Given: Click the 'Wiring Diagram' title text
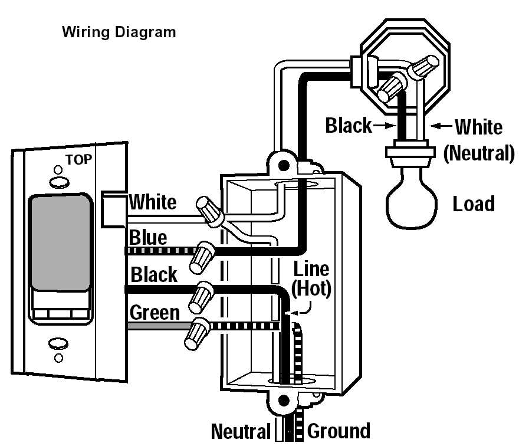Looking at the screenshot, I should click(119, 32).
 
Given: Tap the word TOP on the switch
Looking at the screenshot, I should click(78, 159).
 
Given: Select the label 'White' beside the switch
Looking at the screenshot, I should click(152, 202).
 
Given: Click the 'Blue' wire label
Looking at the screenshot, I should click(147, 238).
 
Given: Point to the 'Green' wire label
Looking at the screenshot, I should click(155, 312).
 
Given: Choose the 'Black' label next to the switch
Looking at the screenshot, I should click(153, 274).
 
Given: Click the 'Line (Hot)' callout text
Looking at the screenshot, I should click(311, 279).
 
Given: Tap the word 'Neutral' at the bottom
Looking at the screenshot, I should click(240, 431).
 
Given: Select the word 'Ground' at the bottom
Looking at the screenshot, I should click(339, 431).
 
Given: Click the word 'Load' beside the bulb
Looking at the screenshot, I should click(473, 204).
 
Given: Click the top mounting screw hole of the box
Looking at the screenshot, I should click(285, 164).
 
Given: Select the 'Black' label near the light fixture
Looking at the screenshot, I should click(349, 125).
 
